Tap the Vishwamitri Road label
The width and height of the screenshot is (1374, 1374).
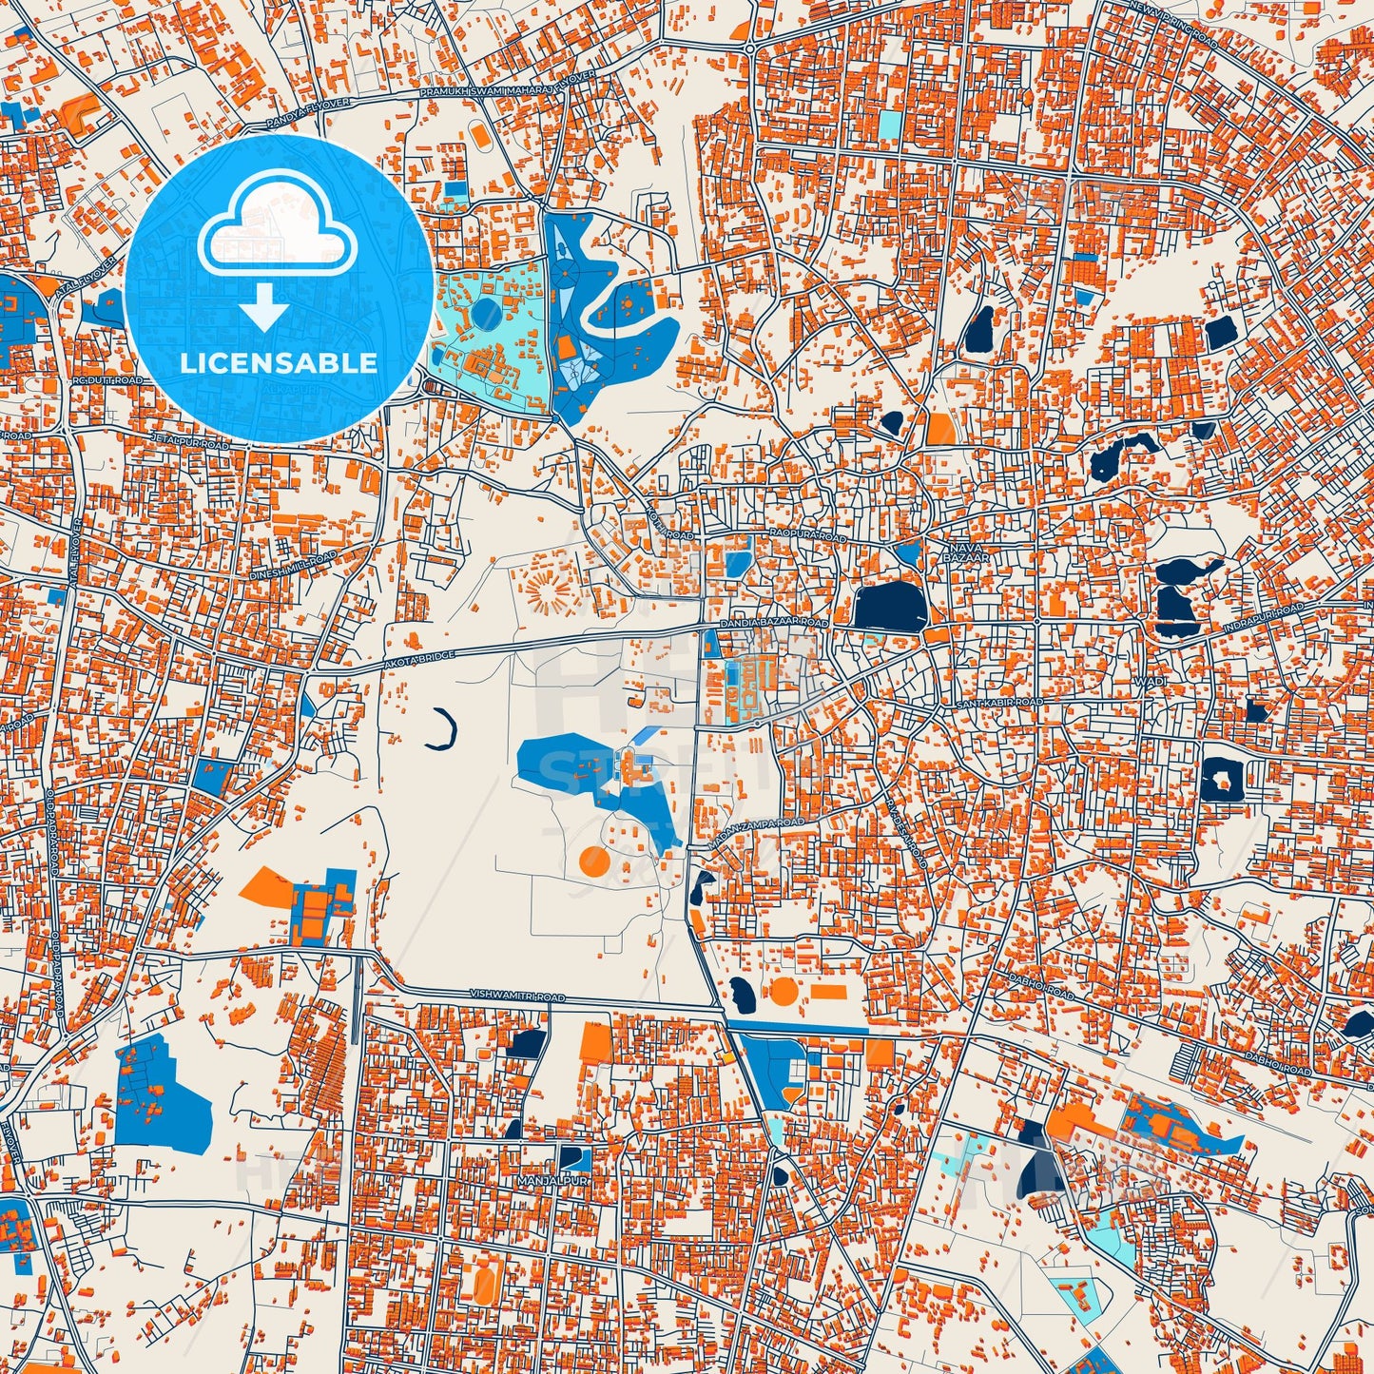pos(517,996)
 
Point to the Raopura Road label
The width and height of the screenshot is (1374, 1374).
pos(807,537)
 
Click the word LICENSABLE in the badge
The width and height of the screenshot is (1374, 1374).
pos(278,362)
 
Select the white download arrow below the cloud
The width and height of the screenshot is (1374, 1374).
pos(265,310)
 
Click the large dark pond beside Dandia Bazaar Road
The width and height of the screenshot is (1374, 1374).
pos(889,607)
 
